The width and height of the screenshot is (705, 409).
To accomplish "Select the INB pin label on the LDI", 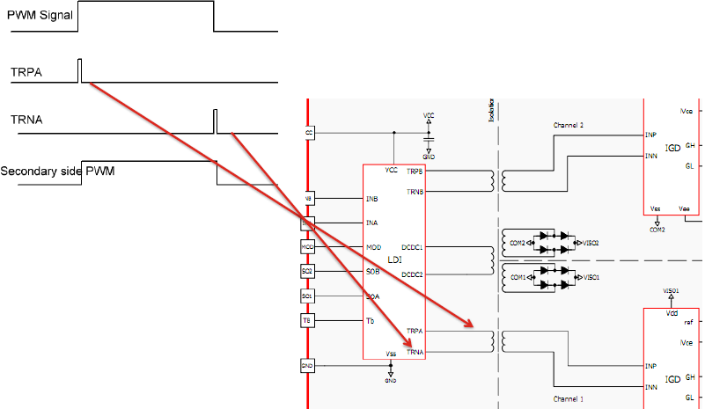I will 371,199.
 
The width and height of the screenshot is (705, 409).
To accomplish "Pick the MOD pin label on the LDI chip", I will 372,247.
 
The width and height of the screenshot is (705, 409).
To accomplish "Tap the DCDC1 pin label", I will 412,248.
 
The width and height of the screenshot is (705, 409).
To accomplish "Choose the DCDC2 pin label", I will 412,274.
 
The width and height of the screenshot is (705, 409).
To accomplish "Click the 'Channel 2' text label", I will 568,126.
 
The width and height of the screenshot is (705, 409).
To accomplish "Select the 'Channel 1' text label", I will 568,399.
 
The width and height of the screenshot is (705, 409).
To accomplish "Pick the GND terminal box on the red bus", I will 307,365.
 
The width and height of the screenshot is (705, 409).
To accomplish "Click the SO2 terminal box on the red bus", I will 307,272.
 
